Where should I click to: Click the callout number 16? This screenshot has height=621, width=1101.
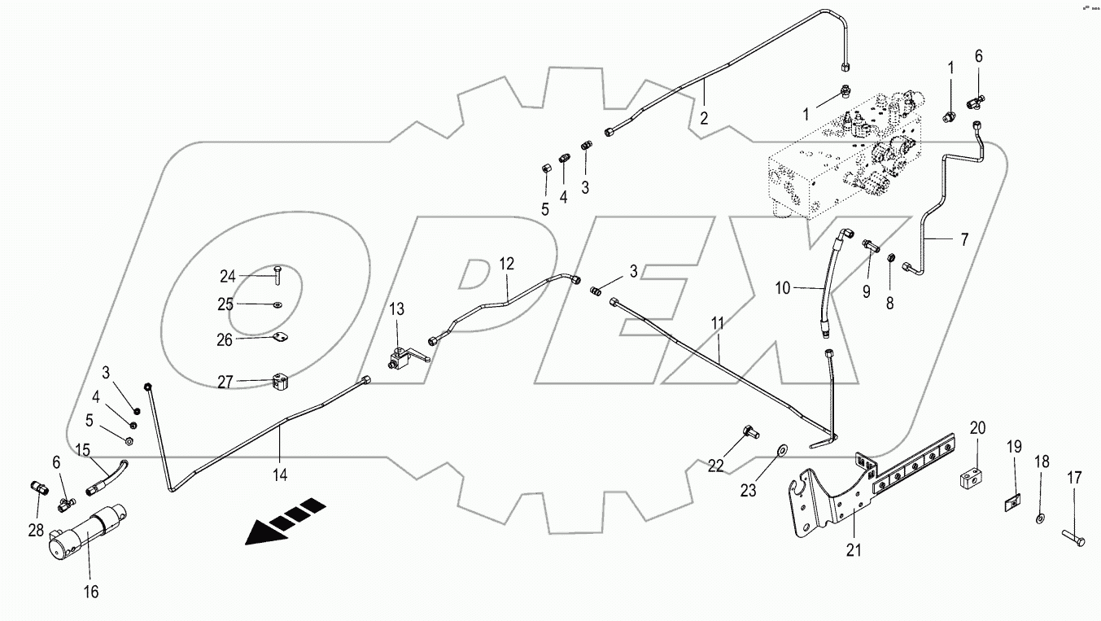pos(91,593)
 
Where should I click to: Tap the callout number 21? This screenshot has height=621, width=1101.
pos(853,551)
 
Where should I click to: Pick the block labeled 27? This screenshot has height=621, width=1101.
pos(277,382)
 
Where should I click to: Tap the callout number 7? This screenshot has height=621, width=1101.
pos(964,239)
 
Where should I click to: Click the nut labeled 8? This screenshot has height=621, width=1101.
pos(892,260)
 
